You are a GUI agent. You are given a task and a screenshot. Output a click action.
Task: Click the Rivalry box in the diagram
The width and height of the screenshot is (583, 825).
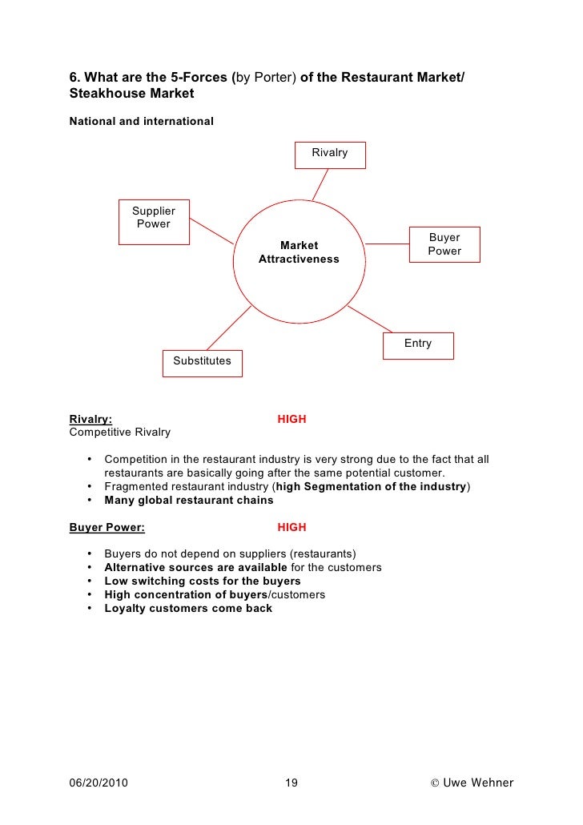(x=329, y=154)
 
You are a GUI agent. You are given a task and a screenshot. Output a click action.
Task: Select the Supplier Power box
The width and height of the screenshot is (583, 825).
(x=154, y=221)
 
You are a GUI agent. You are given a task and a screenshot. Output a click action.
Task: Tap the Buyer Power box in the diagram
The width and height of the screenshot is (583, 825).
(x=444, y=244)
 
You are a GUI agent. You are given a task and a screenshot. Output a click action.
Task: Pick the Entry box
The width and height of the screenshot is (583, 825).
(x=418, y=345)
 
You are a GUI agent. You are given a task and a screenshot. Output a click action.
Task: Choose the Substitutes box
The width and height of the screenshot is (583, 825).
(x=202, y=362)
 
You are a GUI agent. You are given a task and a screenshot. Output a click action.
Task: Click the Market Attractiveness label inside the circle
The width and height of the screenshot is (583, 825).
(x=299, y=252)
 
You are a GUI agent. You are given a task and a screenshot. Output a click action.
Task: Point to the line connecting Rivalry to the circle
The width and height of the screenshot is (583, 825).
(x=320, y=184)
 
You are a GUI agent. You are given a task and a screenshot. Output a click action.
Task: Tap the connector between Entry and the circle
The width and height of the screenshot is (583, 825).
(x=369, y=319)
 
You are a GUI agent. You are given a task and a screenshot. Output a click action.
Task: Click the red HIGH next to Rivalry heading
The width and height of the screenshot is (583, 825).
(x=291, y=419)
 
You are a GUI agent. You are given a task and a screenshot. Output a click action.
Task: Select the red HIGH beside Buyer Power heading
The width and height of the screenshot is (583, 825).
(x=291, y=527)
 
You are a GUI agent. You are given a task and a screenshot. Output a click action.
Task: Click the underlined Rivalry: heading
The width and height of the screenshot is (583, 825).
(x=91, y=419)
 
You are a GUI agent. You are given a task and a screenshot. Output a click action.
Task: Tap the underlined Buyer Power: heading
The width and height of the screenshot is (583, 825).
(x=107, y=527)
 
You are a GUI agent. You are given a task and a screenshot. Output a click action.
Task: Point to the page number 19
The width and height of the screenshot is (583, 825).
(x=291, y=783)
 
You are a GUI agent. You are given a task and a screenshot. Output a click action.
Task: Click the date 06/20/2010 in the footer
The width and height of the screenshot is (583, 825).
(x=99, y=783)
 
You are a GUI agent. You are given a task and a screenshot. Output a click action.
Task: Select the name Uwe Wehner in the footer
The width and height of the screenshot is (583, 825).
(x=478, y=783)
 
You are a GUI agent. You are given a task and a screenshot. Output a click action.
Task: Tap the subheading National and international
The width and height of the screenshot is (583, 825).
(x=142, y=122)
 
